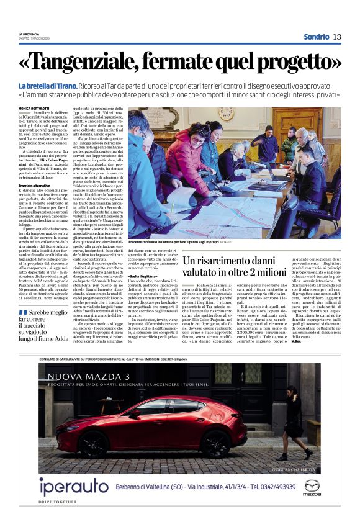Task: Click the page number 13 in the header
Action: (337, 37)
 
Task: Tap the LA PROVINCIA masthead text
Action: (29, 34)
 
